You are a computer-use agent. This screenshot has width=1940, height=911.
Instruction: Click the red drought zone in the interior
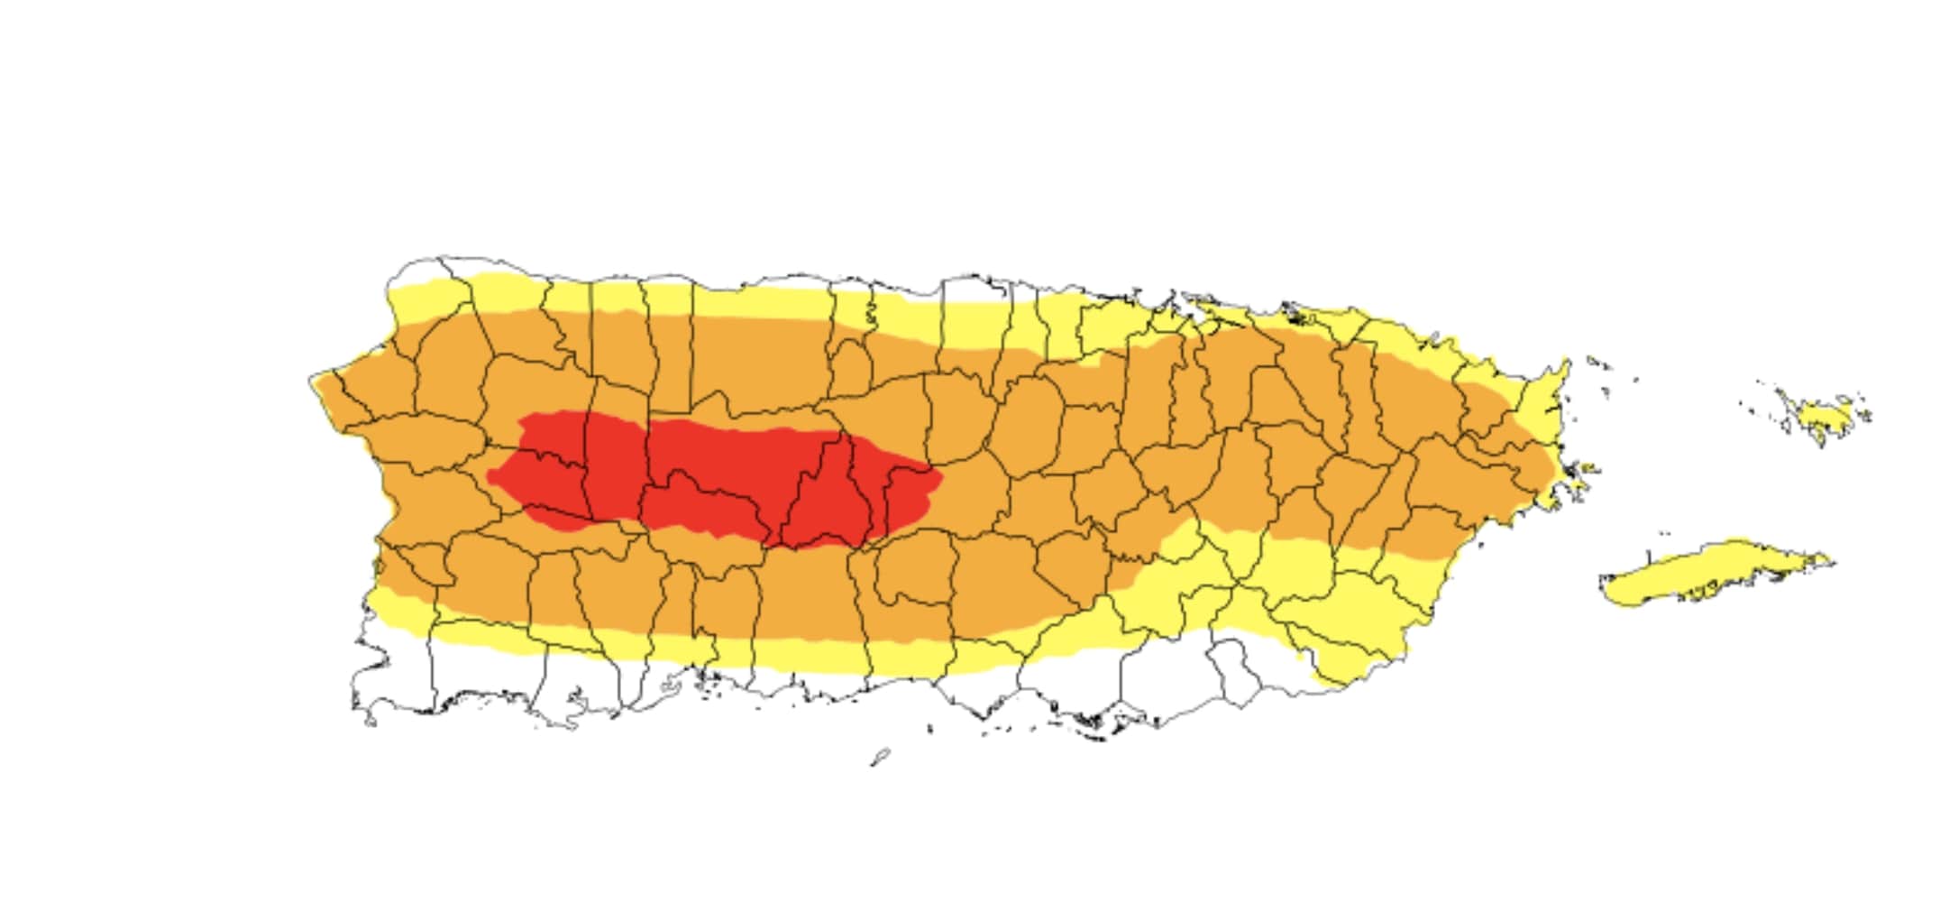tap(721, 478)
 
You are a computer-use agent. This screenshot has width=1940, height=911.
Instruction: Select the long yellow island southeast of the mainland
tap(1713, 574)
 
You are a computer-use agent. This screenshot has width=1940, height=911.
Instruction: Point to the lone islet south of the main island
tap(881, 756)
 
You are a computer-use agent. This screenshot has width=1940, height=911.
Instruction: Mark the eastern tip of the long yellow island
tap(1830, 561)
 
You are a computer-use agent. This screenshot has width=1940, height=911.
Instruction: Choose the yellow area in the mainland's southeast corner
tap(1352, 631)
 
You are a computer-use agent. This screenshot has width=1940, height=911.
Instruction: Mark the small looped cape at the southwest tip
tap(369, 720)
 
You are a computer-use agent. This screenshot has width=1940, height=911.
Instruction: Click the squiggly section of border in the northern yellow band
tap(871, 311)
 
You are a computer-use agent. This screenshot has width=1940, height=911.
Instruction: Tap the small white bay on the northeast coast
tap(1298, 314)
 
